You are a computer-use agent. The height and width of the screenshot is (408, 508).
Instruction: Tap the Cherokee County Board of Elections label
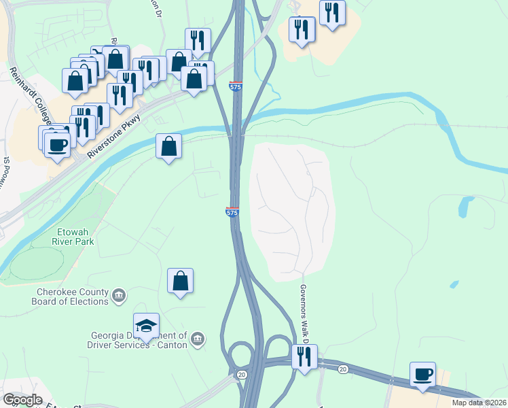[x=71, y=296]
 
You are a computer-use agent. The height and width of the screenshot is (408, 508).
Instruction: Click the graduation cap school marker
[x=146, y=326]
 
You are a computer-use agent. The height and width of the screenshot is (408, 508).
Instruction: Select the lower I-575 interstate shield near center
[x=232, y=212]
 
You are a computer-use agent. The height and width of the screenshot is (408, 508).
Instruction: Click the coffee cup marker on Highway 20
[x=422, y=374]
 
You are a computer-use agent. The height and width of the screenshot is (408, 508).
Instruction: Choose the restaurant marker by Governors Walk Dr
[x=304, y=356]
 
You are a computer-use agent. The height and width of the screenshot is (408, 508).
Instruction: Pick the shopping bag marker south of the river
[x=168, y=146]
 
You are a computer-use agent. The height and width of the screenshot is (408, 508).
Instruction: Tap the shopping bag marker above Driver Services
[x=180, y=280]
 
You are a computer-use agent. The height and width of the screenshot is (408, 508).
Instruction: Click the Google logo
[x=22, y=400]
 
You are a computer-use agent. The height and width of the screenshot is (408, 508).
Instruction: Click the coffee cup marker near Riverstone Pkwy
[x=58, y=143]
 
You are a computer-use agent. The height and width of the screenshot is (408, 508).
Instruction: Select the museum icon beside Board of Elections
[x=119, y=295]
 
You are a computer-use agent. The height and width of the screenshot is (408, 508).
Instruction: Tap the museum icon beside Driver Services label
[x=198, y=339]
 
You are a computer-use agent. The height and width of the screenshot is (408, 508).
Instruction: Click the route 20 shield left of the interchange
[x=241, y=375]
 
